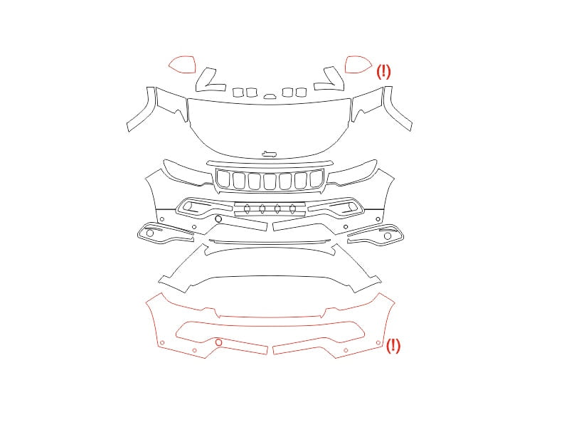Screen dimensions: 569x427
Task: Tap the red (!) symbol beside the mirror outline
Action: tap(383, 72)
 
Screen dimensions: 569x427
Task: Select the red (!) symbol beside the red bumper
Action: tap(393, 345)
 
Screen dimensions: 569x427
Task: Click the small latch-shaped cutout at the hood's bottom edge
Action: tap(269, 154)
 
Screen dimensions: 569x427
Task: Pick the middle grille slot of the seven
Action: tap(270, 181)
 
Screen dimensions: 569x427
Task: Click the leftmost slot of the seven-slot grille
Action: tap(223, 179)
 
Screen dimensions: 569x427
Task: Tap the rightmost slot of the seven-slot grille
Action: tap(317, 179)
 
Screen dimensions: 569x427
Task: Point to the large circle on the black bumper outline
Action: tap(218, 219)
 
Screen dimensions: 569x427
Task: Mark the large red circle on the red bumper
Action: tap(218, 342)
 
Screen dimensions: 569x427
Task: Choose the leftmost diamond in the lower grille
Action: tap(247, 209)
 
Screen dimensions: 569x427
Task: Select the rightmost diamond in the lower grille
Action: tap(292, 209)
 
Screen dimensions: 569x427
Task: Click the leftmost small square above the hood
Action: tap(238, 93)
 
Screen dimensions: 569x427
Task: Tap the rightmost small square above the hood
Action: tap(301, 93)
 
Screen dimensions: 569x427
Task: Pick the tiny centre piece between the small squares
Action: tap(270, 96)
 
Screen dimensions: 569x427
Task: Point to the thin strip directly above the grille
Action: tap(270, 164)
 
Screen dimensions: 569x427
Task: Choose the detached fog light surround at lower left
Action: tap(165, 233)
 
